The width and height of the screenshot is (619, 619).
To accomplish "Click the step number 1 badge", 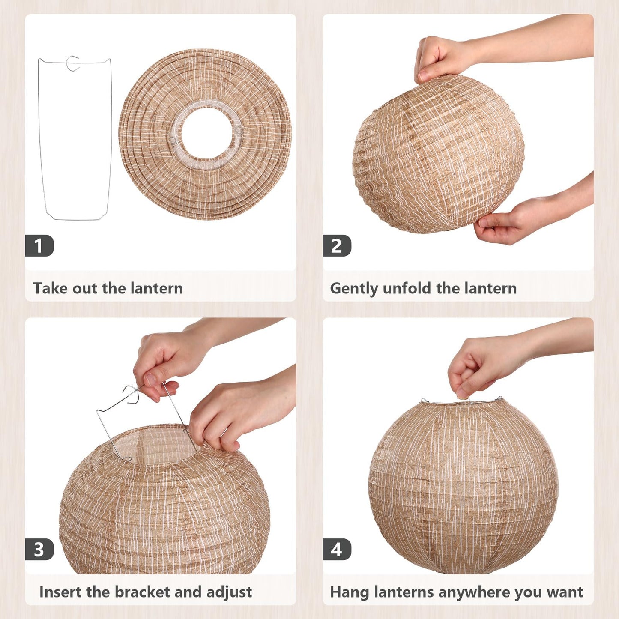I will pyautogui.click(x=39, y=246).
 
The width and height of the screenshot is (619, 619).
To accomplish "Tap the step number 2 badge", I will pyautogui.click(x=337, y=246).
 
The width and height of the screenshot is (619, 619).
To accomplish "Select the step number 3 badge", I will pyautogui.click(x=39, y=549).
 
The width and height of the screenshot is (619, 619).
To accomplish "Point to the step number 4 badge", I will pyautogui.click(x=337, y=549).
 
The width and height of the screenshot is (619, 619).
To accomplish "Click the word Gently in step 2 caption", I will pyautogui.click(x=353, y=288).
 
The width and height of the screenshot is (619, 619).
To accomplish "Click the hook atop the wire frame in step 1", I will pyautogui.click(x=73, y=63).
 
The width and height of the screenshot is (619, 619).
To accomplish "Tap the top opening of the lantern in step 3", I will pyautogui.click(x=154, y=446).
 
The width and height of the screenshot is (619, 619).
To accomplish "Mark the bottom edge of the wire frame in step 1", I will pyautogui.click(x=76, y=219).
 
